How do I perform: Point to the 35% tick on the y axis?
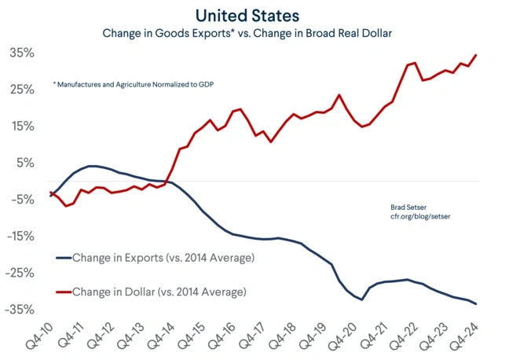pyautogui.click(x=21, y=53)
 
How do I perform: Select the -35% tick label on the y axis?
pyautogui.click(x=20, y=310)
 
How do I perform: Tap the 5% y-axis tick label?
pyautogui.click(x=24, y=163)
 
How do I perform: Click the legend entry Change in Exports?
pyautogui.click(x=163, y=257)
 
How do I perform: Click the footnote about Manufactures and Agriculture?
pyautogui.click(x=134, y=83)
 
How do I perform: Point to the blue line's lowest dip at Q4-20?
pyautogui.click(x=362, y=299)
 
